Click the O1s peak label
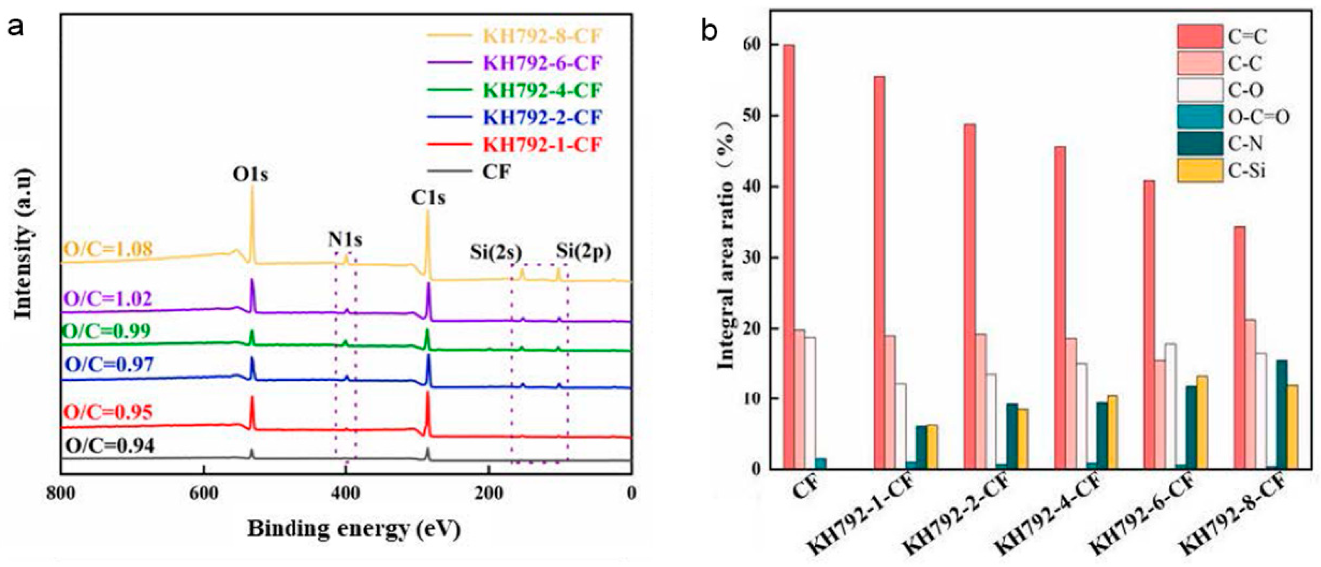(x=250, y=175)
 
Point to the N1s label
(x=345, y=239)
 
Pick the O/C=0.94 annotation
(x=110, y=446)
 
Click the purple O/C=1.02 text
(x=108, y=298)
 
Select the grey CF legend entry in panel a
(x=496, y=172)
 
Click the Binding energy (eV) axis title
(x=354, y=529)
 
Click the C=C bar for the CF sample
(x=789, y=257)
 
